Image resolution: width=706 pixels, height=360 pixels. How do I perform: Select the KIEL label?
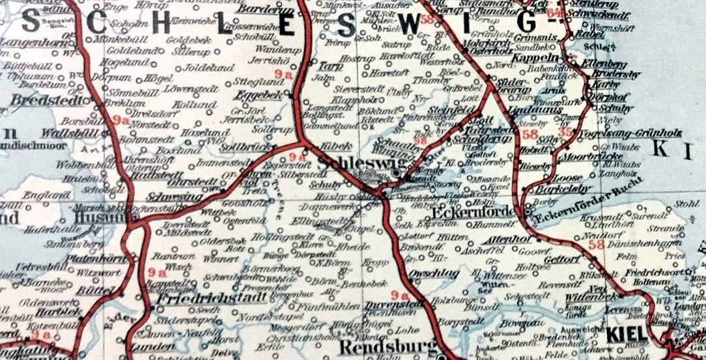tap(627, 334)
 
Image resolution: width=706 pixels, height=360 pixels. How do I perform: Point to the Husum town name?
tap(98, 217)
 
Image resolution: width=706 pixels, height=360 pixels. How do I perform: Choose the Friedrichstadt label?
tap(211, 299)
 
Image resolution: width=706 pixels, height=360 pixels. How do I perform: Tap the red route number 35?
tap(566, 133)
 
